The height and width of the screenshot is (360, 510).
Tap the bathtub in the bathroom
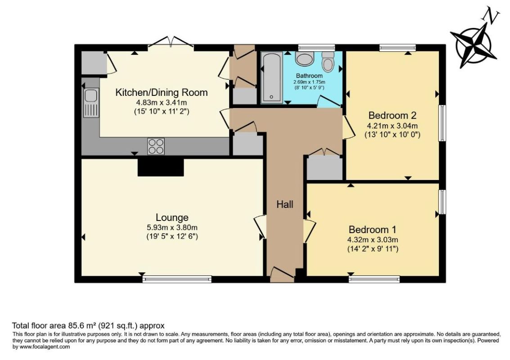272,77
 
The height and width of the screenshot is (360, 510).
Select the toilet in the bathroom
329,62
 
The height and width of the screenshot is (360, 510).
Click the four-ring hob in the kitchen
156,146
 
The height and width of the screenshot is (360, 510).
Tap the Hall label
284,205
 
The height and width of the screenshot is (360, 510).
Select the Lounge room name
172,218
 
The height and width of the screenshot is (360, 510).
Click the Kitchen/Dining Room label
162,93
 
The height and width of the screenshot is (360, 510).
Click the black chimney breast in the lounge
161,167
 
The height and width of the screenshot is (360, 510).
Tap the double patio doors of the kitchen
171,43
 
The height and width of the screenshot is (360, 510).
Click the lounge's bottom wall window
177,279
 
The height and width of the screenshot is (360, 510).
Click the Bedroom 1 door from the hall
309,231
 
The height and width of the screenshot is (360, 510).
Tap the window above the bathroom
316,47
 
